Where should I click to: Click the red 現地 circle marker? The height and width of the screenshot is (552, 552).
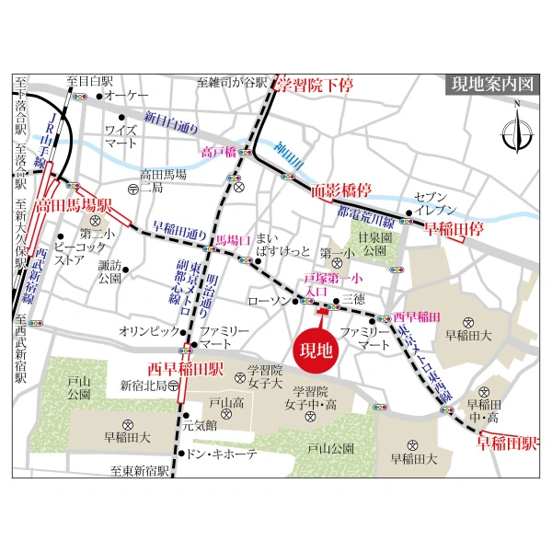point(316,351)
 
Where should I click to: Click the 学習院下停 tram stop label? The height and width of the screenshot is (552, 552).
point(315,85)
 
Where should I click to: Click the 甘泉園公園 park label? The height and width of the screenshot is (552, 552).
point(375,243)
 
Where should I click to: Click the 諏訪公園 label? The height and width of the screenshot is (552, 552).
point(110,270)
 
